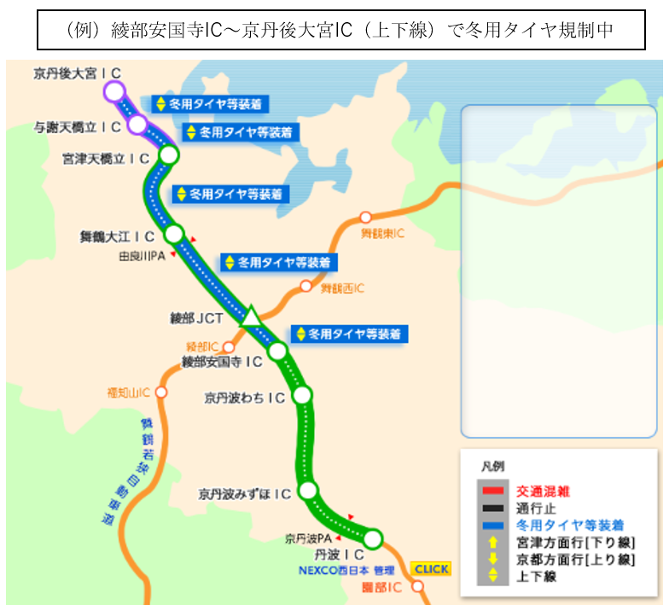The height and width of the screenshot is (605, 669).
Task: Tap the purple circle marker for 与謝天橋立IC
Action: click(x=137, y=125)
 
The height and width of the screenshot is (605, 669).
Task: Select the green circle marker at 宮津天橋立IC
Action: click(x=169, y=155)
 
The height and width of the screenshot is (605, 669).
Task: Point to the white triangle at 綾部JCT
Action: click(x=252, y=317)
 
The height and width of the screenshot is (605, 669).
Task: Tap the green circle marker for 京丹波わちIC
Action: click(x=302, y=395)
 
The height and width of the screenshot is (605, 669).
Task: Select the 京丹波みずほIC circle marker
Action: click(x=308, y=491)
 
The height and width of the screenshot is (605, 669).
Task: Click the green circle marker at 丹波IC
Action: click(x=373, y=538)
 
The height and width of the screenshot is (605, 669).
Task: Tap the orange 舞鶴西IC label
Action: click(x=342, y=289)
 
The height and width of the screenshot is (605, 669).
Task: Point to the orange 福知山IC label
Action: click(x=128, y=393)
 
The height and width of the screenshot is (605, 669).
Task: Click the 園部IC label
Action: click(x=381, y=588)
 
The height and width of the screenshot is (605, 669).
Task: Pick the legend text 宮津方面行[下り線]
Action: click(x=576, y=542)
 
